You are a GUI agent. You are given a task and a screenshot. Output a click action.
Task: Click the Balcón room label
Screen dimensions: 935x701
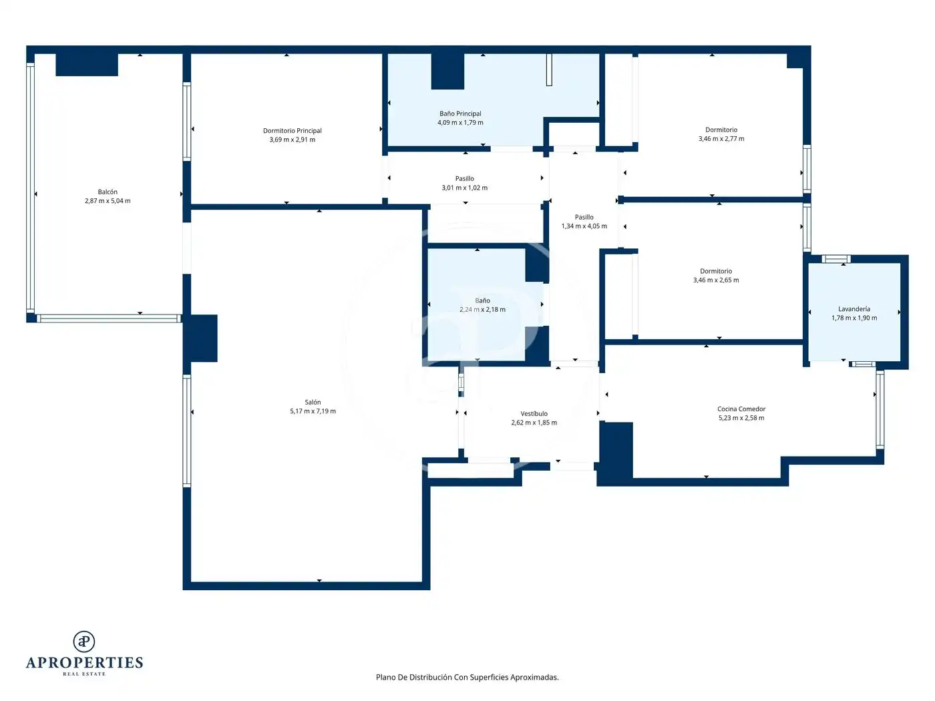coord(108,192)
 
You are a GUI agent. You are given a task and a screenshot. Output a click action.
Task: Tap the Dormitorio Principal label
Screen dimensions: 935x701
coord(293,131)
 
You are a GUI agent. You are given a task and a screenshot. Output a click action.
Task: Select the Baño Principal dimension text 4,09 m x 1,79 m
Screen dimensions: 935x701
coord(460,123)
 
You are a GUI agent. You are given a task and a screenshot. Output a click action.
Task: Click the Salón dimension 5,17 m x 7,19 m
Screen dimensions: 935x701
coord(313,411)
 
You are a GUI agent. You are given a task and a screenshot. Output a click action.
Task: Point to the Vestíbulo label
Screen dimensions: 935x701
coord(534,414)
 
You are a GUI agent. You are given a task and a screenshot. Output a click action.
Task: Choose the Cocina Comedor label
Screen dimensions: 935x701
coord(741,409)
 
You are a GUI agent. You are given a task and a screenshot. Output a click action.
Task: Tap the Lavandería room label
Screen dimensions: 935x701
coord(854,309)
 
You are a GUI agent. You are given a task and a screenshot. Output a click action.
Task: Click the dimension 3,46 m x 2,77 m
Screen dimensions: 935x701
coord(721,139)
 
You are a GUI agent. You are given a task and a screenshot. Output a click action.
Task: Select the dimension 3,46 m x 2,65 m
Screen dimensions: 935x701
coord(716,280)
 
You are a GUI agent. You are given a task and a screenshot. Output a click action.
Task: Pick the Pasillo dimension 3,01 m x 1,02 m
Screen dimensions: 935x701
coord(464,188)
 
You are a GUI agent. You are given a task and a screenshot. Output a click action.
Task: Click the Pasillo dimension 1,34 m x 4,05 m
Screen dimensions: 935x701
coord(584,226)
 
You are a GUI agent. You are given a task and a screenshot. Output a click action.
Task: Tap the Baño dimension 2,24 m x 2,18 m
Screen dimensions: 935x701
coord(482,309)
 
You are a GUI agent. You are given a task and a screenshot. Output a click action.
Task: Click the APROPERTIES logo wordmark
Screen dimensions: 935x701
coord(84,663)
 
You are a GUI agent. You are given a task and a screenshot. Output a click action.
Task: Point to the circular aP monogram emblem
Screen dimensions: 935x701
coord(84,642)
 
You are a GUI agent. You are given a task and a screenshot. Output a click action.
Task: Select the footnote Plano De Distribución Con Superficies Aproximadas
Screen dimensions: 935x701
coord(467,677)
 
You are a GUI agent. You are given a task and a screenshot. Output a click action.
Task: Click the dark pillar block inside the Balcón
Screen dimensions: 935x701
coord(87,65)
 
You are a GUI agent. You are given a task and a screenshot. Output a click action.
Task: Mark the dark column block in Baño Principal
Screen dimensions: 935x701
coord(447,71)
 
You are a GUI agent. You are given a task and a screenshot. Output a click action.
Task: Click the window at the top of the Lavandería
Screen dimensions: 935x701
coord(835,259)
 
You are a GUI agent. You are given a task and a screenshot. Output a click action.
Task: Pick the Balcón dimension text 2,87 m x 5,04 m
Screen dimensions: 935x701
coord(108,201)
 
